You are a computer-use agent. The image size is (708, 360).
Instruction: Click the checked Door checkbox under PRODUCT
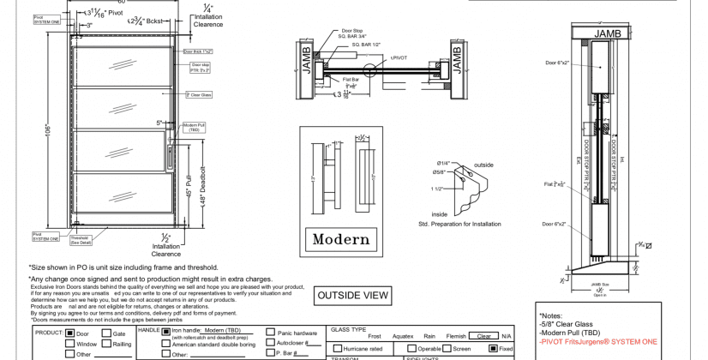pos(70,333)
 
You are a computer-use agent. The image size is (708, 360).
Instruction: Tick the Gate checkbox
pos(107,333)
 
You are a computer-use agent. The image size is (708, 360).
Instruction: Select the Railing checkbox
pos(107,344)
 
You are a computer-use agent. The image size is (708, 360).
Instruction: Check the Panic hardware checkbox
pos(271,332)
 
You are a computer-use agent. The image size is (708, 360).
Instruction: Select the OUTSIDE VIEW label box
pos(352,296)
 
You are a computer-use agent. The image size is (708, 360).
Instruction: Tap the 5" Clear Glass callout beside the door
pos(199,94)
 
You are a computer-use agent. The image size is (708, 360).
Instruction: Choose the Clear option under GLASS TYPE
pos(483,336)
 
